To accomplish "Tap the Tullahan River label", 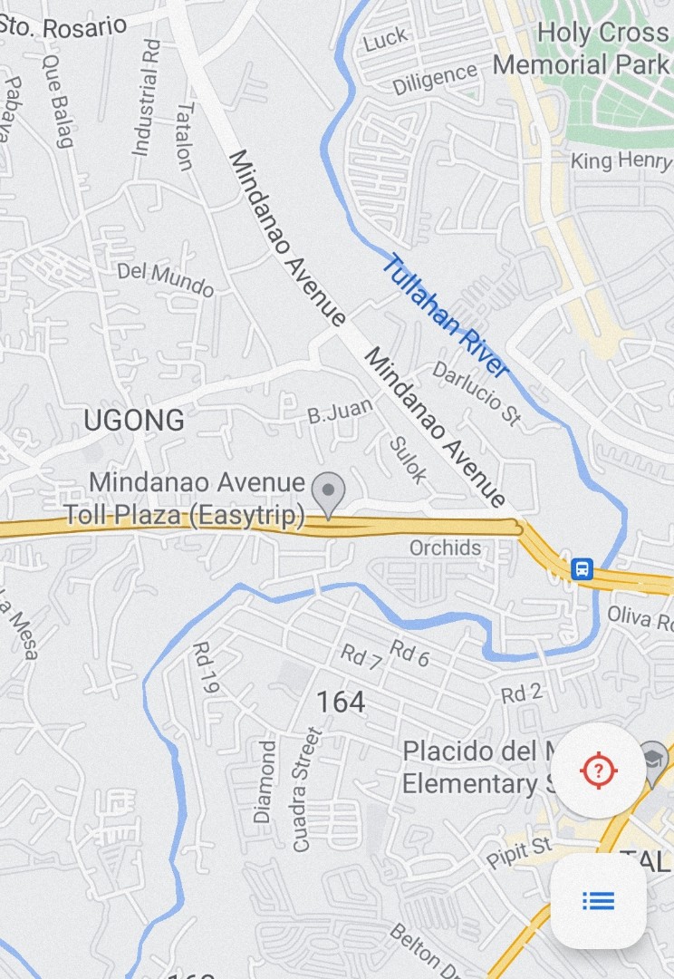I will coord(445,314).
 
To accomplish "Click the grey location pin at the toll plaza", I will coord(328,492).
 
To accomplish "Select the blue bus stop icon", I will coord(582,569).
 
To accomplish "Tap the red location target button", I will coord(598,771).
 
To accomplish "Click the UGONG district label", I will coord(134,421).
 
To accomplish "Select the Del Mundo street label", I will coord(165,280).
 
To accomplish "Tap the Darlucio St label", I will coord(477,393).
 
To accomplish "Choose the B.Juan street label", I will coord(340,412).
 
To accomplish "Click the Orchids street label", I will coord(445,548).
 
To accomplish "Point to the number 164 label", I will coord(341,702).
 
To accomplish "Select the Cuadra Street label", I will coord(306,789).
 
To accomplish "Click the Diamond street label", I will coord(265,781).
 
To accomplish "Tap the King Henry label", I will coord(621,161).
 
